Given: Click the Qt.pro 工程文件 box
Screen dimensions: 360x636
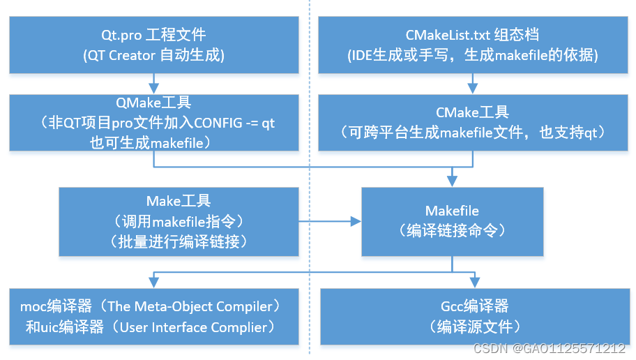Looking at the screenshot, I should coord(153,43).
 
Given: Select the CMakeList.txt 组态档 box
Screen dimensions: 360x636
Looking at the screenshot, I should coord(472,43).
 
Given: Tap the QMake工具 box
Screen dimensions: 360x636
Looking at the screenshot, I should coord(153,123).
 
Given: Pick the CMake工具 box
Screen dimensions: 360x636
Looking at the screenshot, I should coord(472,123).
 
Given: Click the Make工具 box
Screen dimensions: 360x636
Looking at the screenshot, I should coord(179,222).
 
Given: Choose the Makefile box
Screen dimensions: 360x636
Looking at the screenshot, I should coord(452,222).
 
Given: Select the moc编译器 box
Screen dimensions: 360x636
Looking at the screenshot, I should coord(153,315).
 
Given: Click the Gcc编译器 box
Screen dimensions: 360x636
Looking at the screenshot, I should coord(472,315).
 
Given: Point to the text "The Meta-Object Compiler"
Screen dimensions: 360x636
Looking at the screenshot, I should coord(189,306).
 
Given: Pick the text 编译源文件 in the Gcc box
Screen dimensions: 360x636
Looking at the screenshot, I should coord(473,327).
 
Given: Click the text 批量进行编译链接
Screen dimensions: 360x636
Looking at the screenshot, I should coord(179,241).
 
